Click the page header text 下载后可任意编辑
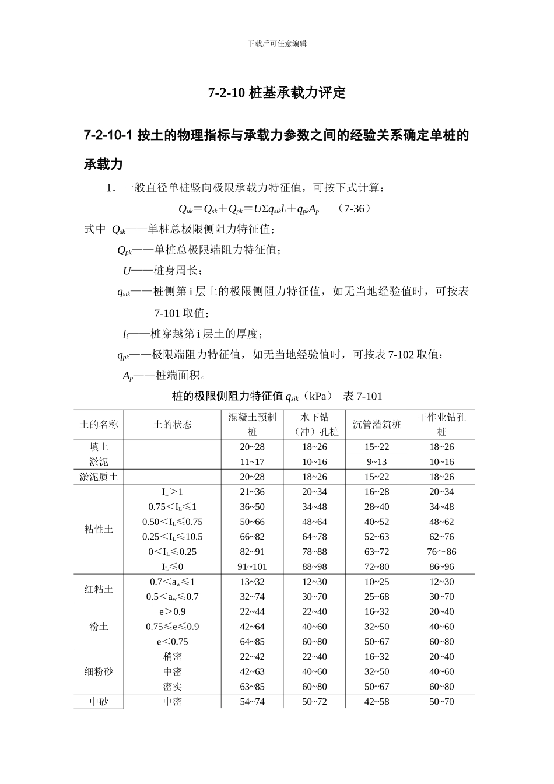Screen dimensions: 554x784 pyautogui.click(x=277, y=43)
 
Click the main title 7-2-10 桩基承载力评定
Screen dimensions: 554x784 pyautogui.click(x=277, y=93)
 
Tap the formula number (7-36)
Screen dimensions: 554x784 pyautogui.click(x=355, y=208)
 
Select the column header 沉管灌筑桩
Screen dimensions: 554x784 pyautogui.click(x=377, y=425)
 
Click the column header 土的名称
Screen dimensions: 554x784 pyautogui.click(x=99, y=425)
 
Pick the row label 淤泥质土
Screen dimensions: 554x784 pyautogui.click(x=99, y=477)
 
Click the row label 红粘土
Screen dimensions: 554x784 pyautogui.click(x=99, y=589)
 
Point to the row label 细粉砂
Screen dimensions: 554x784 pyautogui.click(x=99, y=671)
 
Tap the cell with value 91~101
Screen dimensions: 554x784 pyautogui.click(x=252, y=566)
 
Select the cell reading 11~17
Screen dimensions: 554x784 pyautogui.click(x=252, y=462)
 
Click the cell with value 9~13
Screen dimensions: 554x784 pyautogui.click(x=377, y=462)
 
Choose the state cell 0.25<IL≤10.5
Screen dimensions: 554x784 pyautogui.click(x=172, y=537)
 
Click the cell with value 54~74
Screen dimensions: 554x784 pyautogui.click(x=252, y=701)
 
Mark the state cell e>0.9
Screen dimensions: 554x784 pyautogui.click(x=172, y=611)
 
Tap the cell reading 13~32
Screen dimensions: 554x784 pyautogui.click(x=252, y=582)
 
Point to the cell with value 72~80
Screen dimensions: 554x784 pyautogui.click(x=377, y=566)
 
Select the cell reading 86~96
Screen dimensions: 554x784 pyautogui.click(x=441, y=566)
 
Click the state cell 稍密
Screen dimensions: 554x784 pyautogui.click(x=172, y=657)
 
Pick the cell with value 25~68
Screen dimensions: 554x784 pyautogui.click(x=377, y=597)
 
